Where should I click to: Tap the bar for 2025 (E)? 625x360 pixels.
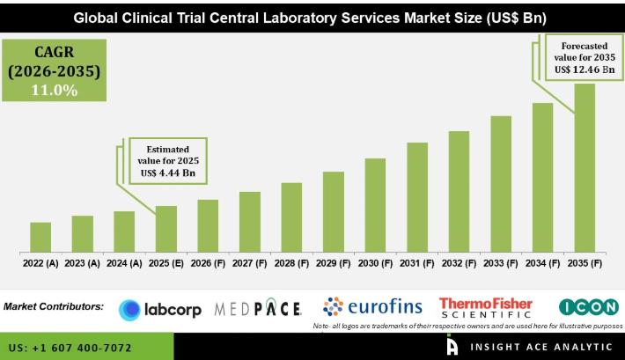[x=166, y=227]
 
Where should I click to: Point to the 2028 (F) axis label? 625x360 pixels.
[x=291, y=262]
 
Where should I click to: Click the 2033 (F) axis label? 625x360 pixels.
[x=501, y=262]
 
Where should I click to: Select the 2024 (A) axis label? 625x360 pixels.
[x=124, y=262]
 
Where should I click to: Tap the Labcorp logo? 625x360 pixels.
[x=160, y=309]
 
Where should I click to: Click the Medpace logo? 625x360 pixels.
[x=258, y=309]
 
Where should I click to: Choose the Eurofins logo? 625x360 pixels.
[x=372, y=307]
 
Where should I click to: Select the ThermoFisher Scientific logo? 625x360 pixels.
[x=486, y=307]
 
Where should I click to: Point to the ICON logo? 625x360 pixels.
[x=588, y=307]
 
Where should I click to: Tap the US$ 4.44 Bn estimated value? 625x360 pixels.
[x=165, y=174]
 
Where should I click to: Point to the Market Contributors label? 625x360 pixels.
[x=54, y=307]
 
